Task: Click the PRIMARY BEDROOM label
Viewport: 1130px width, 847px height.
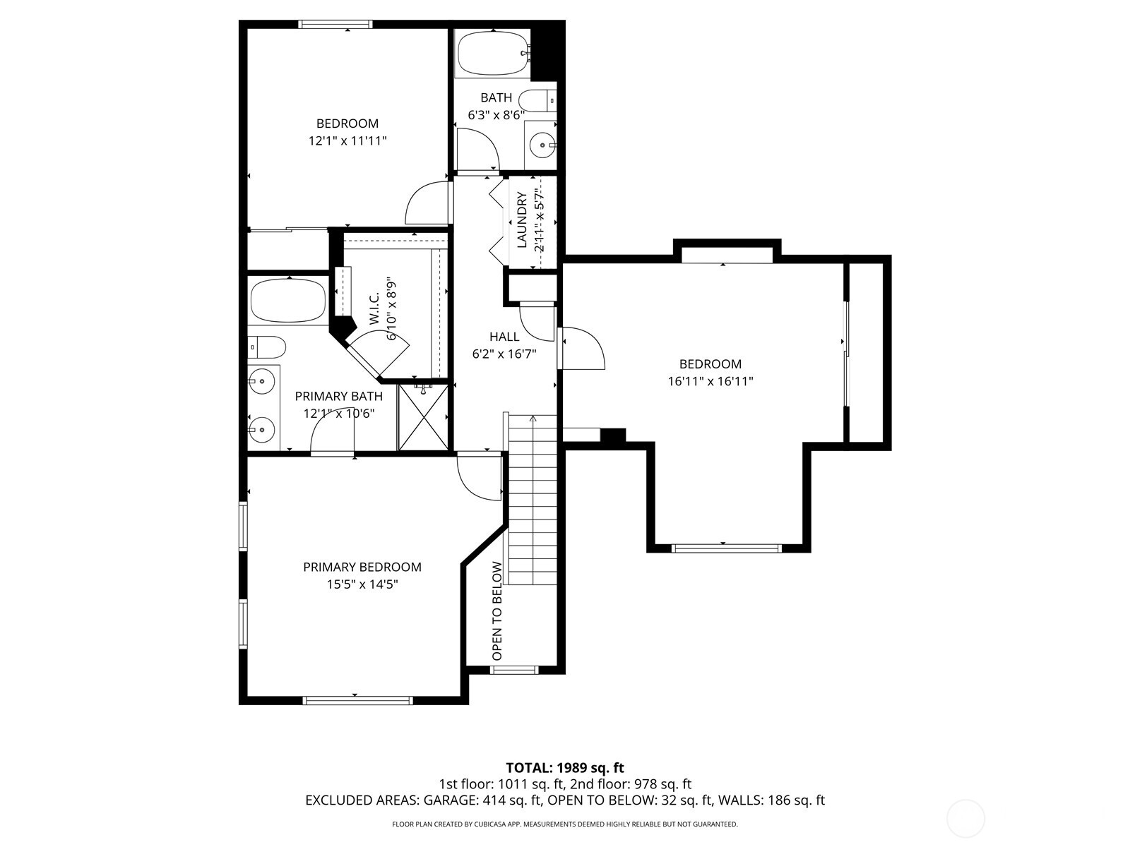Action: point(362,567)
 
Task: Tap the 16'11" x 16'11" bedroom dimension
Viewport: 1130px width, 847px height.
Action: point(710,382)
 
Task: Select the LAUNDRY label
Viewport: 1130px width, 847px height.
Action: point(522,220)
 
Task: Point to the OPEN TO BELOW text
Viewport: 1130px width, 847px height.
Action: point(497,611)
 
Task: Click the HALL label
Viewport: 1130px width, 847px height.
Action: point(504,337)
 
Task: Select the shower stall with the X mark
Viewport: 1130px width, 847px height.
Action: point(422,417)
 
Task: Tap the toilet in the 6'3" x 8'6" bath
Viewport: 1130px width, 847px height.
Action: point(538,101)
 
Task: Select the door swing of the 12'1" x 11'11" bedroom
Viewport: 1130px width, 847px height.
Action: point(427,203)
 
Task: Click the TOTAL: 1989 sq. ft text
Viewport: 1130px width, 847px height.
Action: point(565,767)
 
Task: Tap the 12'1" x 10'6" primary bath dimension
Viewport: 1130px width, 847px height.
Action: point(338,414)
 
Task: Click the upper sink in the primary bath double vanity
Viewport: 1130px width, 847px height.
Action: point(262,382)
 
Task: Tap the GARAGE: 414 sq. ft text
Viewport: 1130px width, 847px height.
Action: point(482,800)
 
